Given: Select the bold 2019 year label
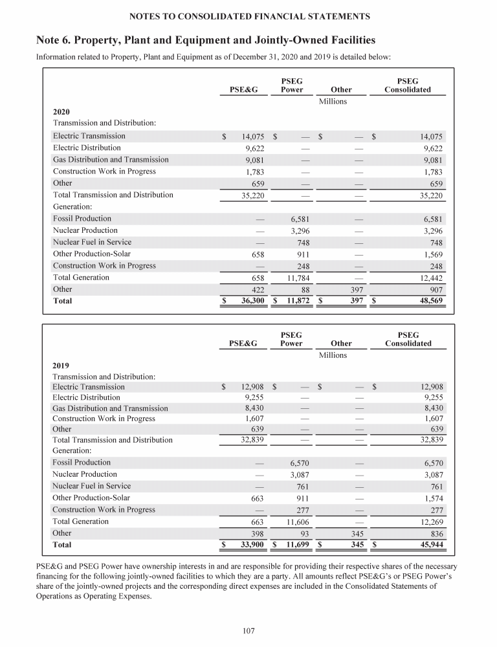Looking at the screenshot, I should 61,364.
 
